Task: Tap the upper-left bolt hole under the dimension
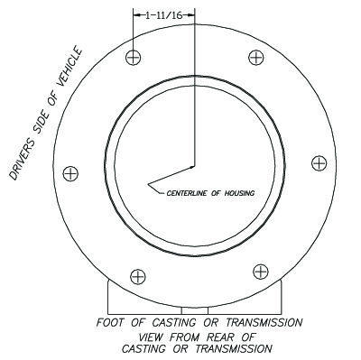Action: pos(134,58)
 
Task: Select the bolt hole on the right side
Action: pos(318,162)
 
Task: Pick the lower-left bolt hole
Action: pos(137,276)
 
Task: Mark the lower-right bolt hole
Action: pos(260,270)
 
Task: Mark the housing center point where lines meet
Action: pos(194,167)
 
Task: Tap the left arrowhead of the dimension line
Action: pos(136,15)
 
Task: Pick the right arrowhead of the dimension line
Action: pos(191,15)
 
